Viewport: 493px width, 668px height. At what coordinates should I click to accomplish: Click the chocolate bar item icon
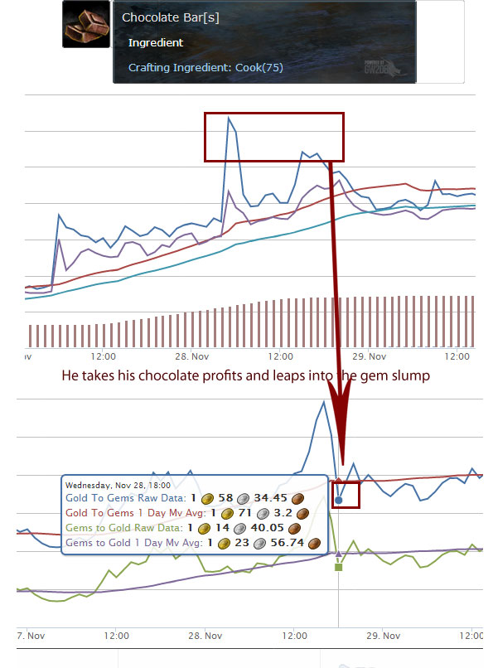tap(86, 24)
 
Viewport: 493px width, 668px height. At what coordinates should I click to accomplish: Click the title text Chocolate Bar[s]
tap(171, 18)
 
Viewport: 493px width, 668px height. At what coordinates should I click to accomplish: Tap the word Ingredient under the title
tap(156, 42)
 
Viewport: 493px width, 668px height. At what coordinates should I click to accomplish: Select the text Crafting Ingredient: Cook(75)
tap(205, 67)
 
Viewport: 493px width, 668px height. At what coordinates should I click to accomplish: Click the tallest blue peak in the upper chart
tap(229, 118)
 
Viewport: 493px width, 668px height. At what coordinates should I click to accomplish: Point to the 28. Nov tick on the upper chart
tap(192, 356)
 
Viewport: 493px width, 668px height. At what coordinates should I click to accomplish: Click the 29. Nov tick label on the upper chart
tap(369, 356)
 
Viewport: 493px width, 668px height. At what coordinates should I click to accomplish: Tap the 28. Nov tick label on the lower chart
tap(205, 636)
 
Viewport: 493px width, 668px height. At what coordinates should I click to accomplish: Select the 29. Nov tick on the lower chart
tap(383, 636)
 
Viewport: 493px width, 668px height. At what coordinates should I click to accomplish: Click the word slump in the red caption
tap(409, 376)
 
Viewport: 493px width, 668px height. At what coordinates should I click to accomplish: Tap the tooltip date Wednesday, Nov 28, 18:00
tap(118, 485)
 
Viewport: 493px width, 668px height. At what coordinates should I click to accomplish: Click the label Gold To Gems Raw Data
tap(126, 498)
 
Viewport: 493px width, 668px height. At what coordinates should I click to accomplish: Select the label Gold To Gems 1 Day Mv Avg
tap(135, 513)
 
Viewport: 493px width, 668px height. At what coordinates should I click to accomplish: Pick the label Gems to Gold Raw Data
tap(124, 528)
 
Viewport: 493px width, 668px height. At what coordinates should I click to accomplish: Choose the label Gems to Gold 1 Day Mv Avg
tap(133, 543)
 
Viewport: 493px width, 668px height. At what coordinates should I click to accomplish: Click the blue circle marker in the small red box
tap(338, 500)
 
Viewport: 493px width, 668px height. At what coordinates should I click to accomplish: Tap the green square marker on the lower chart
tap(338, 567)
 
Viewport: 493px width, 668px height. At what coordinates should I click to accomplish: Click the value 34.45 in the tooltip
tap(270, 498)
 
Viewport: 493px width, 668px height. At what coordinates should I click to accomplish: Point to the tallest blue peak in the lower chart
tap(324, 402)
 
